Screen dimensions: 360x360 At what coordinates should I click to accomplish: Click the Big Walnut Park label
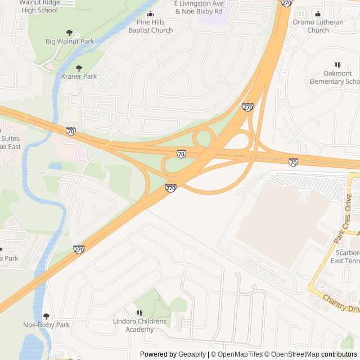point(70,41)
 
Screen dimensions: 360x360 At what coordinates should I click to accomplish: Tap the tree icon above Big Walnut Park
point(70,33)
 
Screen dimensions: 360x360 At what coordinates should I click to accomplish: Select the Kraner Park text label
point(79,76)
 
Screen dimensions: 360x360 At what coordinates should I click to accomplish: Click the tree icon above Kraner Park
point(79,68)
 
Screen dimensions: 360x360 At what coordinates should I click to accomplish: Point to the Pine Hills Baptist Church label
point(150,26)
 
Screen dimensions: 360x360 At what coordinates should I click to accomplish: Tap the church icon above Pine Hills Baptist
point(150,14)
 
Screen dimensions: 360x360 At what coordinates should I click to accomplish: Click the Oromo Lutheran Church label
point(318,26)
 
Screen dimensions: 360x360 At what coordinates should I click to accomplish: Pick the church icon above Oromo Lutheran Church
point(318,14)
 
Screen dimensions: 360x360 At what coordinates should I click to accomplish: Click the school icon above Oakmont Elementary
point(337,65)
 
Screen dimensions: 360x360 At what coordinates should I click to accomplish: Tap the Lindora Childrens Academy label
point(139,325)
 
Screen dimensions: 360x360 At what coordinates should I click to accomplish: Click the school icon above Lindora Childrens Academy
point(139,313)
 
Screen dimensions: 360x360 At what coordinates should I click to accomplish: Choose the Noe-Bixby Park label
point(46,325)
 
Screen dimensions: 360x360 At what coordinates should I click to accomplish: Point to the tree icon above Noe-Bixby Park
point(46,316)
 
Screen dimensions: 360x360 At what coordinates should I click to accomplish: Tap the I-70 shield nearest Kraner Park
point(71,131)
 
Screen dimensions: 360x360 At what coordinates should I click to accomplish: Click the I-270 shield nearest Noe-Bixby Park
point(79,249)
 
